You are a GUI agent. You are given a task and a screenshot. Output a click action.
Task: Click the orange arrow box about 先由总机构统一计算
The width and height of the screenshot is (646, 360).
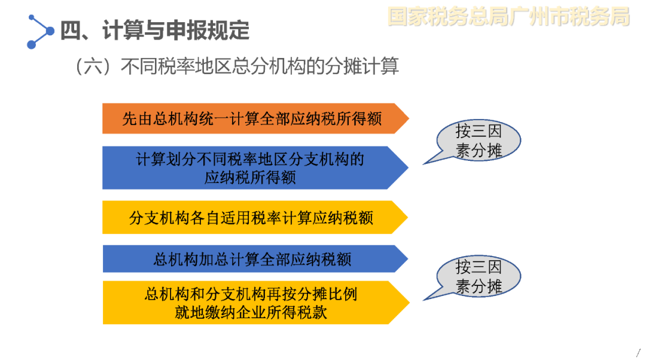(255, 118)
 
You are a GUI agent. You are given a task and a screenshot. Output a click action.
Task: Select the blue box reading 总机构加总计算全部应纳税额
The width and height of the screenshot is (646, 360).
(255, 259)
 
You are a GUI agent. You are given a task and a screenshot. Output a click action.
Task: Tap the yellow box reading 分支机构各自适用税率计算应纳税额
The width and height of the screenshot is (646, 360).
(255, 218)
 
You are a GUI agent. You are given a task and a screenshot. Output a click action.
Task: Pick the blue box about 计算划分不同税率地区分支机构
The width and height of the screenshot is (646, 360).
(255, 167)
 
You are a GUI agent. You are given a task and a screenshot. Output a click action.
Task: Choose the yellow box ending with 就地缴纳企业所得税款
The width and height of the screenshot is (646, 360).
(255, 303)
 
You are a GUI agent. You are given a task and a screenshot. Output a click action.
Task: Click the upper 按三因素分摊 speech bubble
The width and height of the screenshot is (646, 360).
(478, 141)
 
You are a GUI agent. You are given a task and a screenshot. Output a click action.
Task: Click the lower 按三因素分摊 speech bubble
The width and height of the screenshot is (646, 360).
(478, 276)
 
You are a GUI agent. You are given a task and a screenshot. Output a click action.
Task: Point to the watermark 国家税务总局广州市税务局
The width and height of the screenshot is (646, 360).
(509, 17)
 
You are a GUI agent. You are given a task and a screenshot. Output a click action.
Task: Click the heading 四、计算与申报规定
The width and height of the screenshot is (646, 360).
(155, 30)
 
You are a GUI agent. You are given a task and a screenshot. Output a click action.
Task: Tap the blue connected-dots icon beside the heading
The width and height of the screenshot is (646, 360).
(41, 32)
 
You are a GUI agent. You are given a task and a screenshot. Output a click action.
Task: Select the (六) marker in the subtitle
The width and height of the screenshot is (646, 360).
(93, 66)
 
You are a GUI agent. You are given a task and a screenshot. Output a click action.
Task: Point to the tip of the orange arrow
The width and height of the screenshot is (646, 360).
(409, 118)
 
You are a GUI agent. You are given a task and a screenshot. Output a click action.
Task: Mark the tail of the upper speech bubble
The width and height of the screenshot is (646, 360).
(424, 164)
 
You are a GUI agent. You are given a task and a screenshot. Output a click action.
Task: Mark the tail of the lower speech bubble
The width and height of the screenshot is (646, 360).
(424, 300)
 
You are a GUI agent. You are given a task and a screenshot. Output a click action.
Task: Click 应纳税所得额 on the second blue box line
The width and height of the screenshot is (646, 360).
(250, 178)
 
